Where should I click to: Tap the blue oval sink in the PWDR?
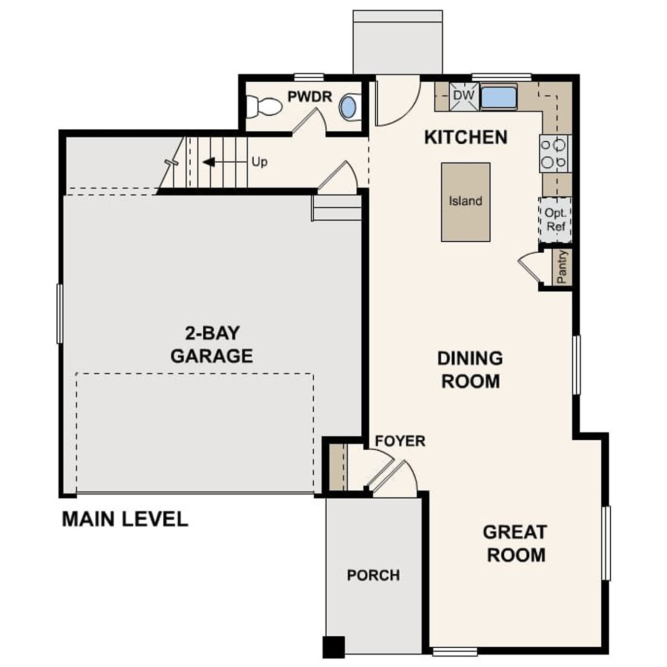[348, 107]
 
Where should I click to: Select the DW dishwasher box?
[463, 96]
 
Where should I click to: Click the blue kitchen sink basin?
[498, 97]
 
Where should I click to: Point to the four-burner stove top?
[553, 153]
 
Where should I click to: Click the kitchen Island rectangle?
[465, 202]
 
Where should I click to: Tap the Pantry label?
[562, 267]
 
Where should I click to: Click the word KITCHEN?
[465, 138]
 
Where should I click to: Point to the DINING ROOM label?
[470, 369]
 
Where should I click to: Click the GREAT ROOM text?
[515, 543]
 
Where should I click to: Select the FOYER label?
[400, 441]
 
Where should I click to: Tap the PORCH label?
[373, 575]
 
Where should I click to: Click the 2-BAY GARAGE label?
[212, 344]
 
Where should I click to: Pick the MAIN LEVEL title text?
[125, 519]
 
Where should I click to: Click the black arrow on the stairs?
[209, 162]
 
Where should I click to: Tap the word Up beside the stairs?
[260, 162]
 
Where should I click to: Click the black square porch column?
[333, 647]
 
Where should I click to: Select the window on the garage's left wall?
[59, 314]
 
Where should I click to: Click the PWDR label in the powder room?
[310, 96]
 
